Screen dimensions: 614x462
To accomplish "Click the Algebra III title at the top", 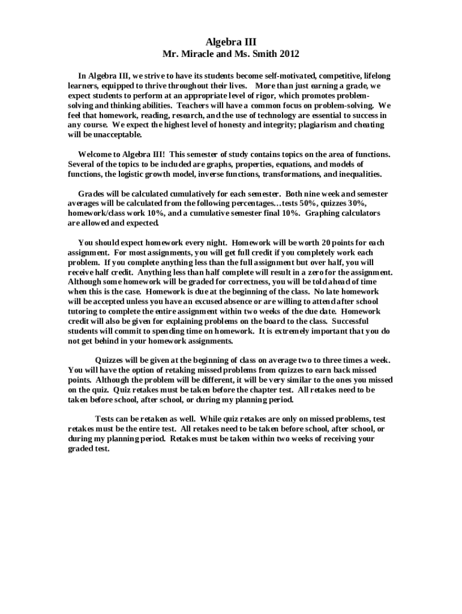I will point(231,42).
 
